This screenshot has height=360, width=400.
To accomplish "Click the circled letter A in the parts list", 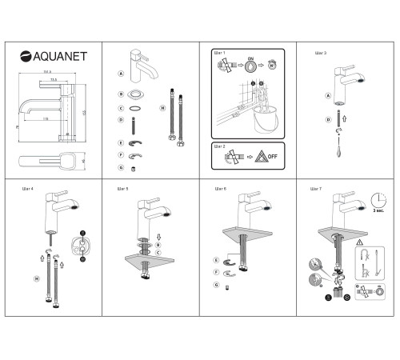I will pos(120,74).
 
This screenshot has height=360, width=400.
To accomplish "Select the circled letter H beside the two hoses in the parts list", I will pos(162,107).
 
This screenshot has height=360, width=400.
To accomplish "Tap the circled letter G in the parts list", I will pos(120,168).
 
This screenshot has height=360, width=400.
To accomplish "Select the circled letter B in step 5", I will pos(158,244).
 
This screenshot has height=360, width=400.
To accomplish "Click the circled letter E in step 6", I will pos(216,260).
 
